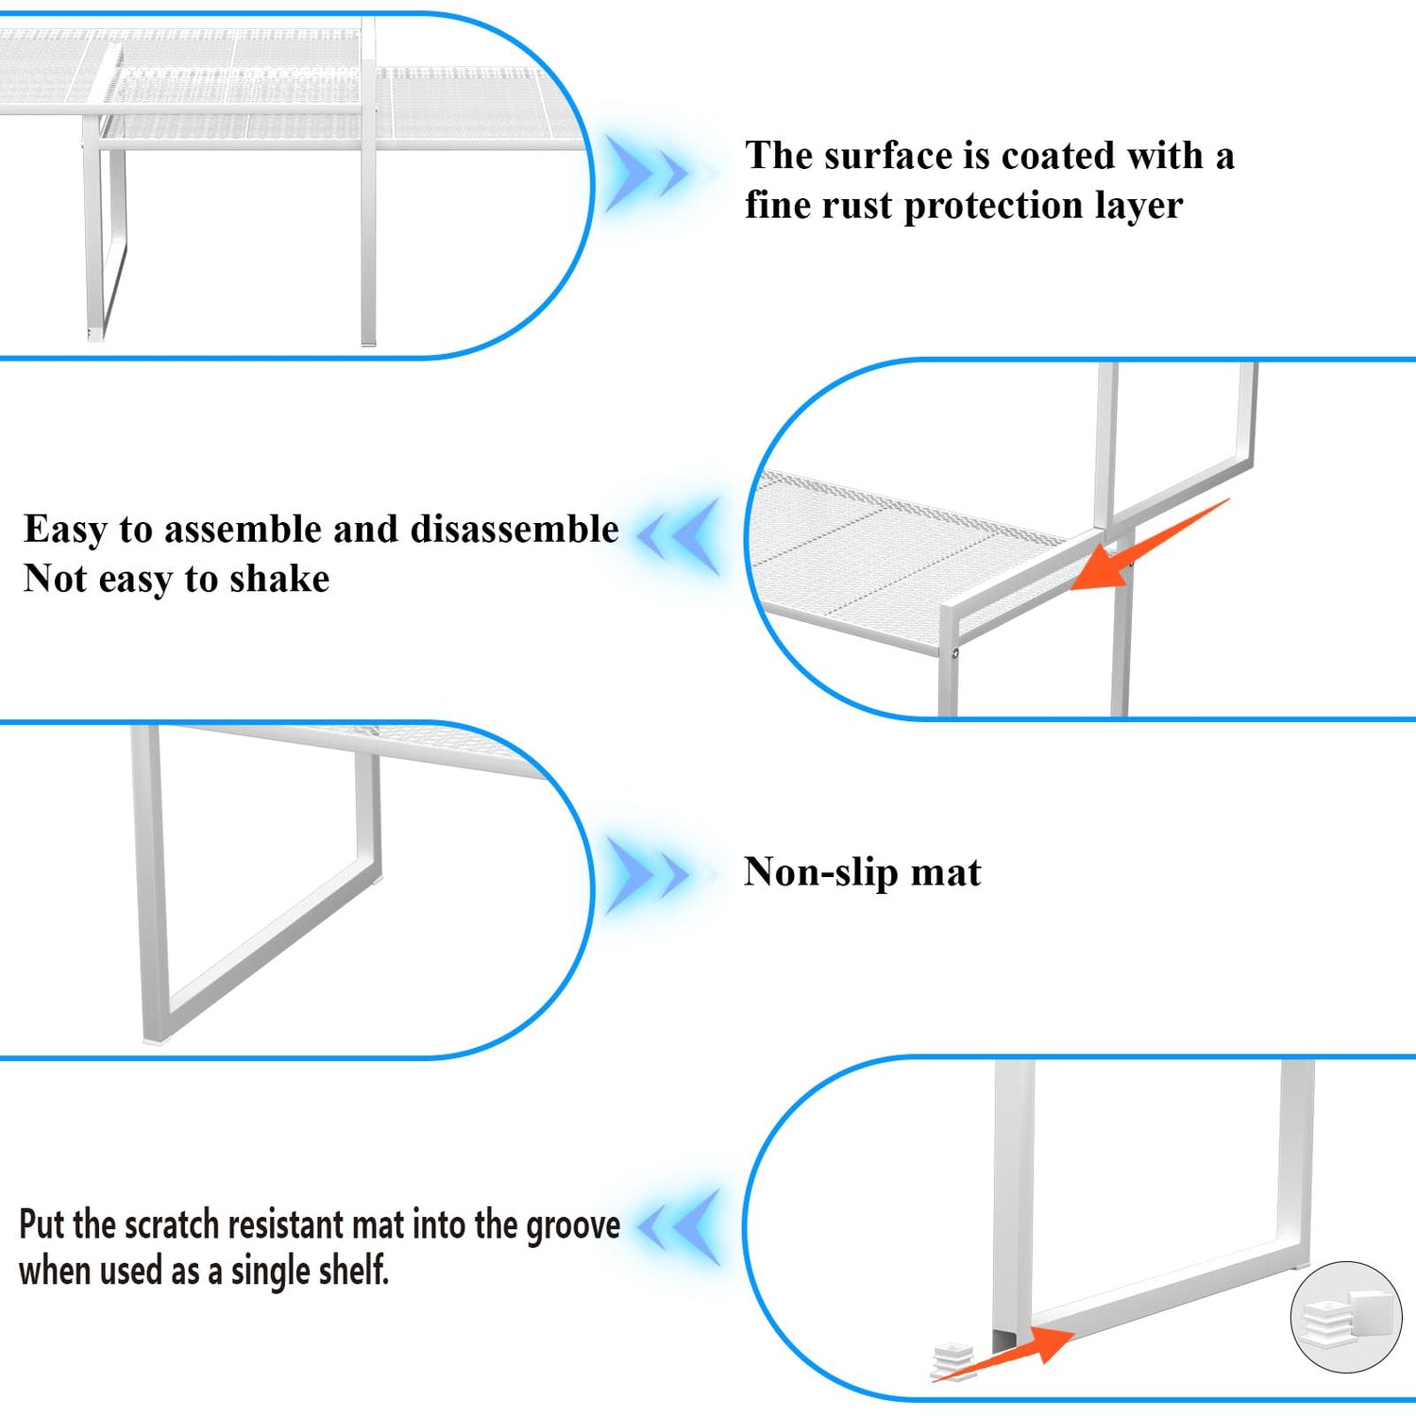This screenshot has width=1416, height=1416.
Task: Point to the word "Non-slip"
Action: coord(820,873)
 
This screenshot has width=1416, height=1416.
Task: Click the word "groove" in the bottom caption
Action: coord(573,1226)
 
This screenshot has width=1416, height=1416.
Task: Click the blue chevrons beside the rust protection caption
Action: coord(648,174)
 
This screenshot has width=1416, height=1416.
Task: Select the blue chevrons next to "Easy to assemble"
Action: coord(679,535)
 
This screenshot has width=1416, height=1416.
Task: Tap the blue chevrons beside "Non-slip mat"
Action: coord(648,875)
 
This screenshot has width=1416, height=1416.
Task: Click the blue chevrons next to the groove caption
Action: coord(679,1227)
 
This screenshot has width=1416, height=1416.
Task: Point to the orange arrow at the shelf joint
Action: coord(1150,545)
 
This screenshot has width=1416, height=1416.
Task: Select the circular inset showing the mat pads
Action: coord(1346,1317)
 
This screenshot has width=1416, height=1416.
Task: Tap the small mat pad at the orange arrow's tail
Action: coord(952,1362)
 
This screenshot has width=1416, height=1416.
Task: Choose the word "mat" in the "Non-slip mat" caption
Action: coord(946,873)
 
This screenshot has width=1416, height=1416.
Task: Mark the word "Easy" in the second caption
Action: coord(65,531)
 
